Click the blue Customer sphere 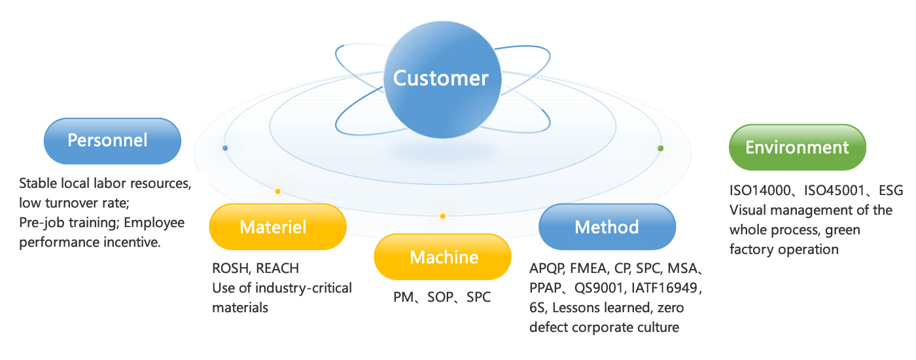[440, 79]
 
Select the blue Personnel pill [112, 140]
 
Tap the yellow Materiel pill [277, 227]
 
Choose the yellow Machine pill [442, 257]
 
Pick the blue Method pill [607, 227]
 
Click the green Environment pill [797, 147]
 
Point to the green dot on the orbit [660, 149]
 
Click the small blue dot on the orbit [225, 148]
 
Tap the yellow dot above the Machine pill [442, 216]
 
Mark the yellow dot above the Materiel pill [277, 191]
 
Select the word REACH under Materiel [277, 268]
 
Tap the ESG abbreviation [890, 190]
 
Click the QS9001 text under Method [601, 288]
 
